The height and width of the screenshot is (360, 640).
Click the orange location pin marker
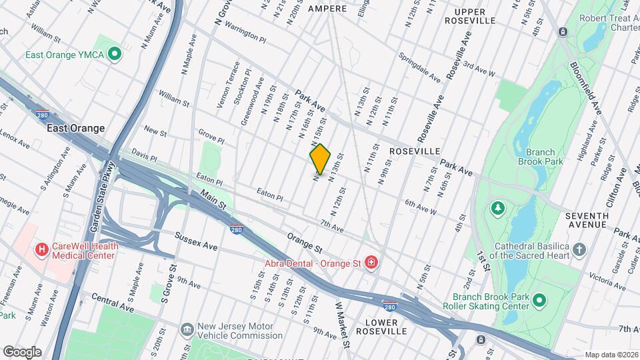point(320,159)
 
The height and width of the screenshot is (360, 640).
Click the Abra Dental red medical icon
point(371,263)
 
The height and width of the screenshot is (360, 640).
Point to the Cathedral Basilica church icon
point(579,250)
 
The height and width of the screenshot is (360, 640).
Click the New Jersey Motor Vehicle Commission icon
point(187,329)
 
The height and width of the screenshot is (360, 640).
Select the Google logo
point(21,351)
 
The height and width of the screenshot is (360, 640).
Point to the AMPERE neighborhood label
point(327,9)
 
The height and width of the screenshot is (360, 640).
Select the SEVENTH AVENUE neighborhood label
point(587,221)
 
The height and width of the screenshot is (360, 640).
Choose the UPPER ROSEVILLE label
point(483,16)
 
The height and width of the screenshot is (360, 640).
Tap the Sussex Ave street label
point(196,241)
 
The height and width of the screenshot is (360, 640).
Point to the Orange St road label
point(305,243)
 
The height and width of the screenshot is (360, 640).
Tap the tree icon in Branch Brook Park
point(497,209)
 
